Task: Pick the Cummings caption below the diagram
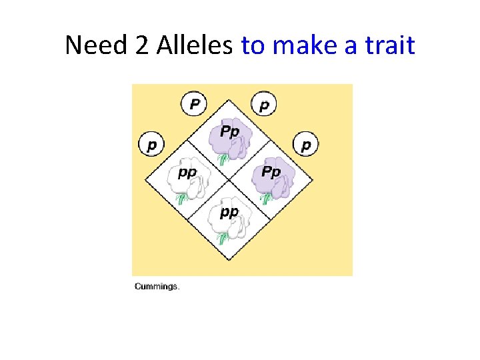point(157,287)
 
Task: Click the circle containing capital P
point(194,103)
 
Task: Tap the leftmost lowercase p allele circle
point(152,144)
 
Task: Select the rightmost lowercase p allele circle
point(306,144)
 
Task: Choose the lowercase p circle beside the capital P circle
point(264,103)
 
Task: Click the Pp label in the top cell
point(229,131)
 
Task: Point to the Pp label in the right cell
point(270,171)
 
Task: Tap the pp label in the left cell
point(187,173)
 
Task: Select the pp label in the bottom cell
point(229,212)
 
